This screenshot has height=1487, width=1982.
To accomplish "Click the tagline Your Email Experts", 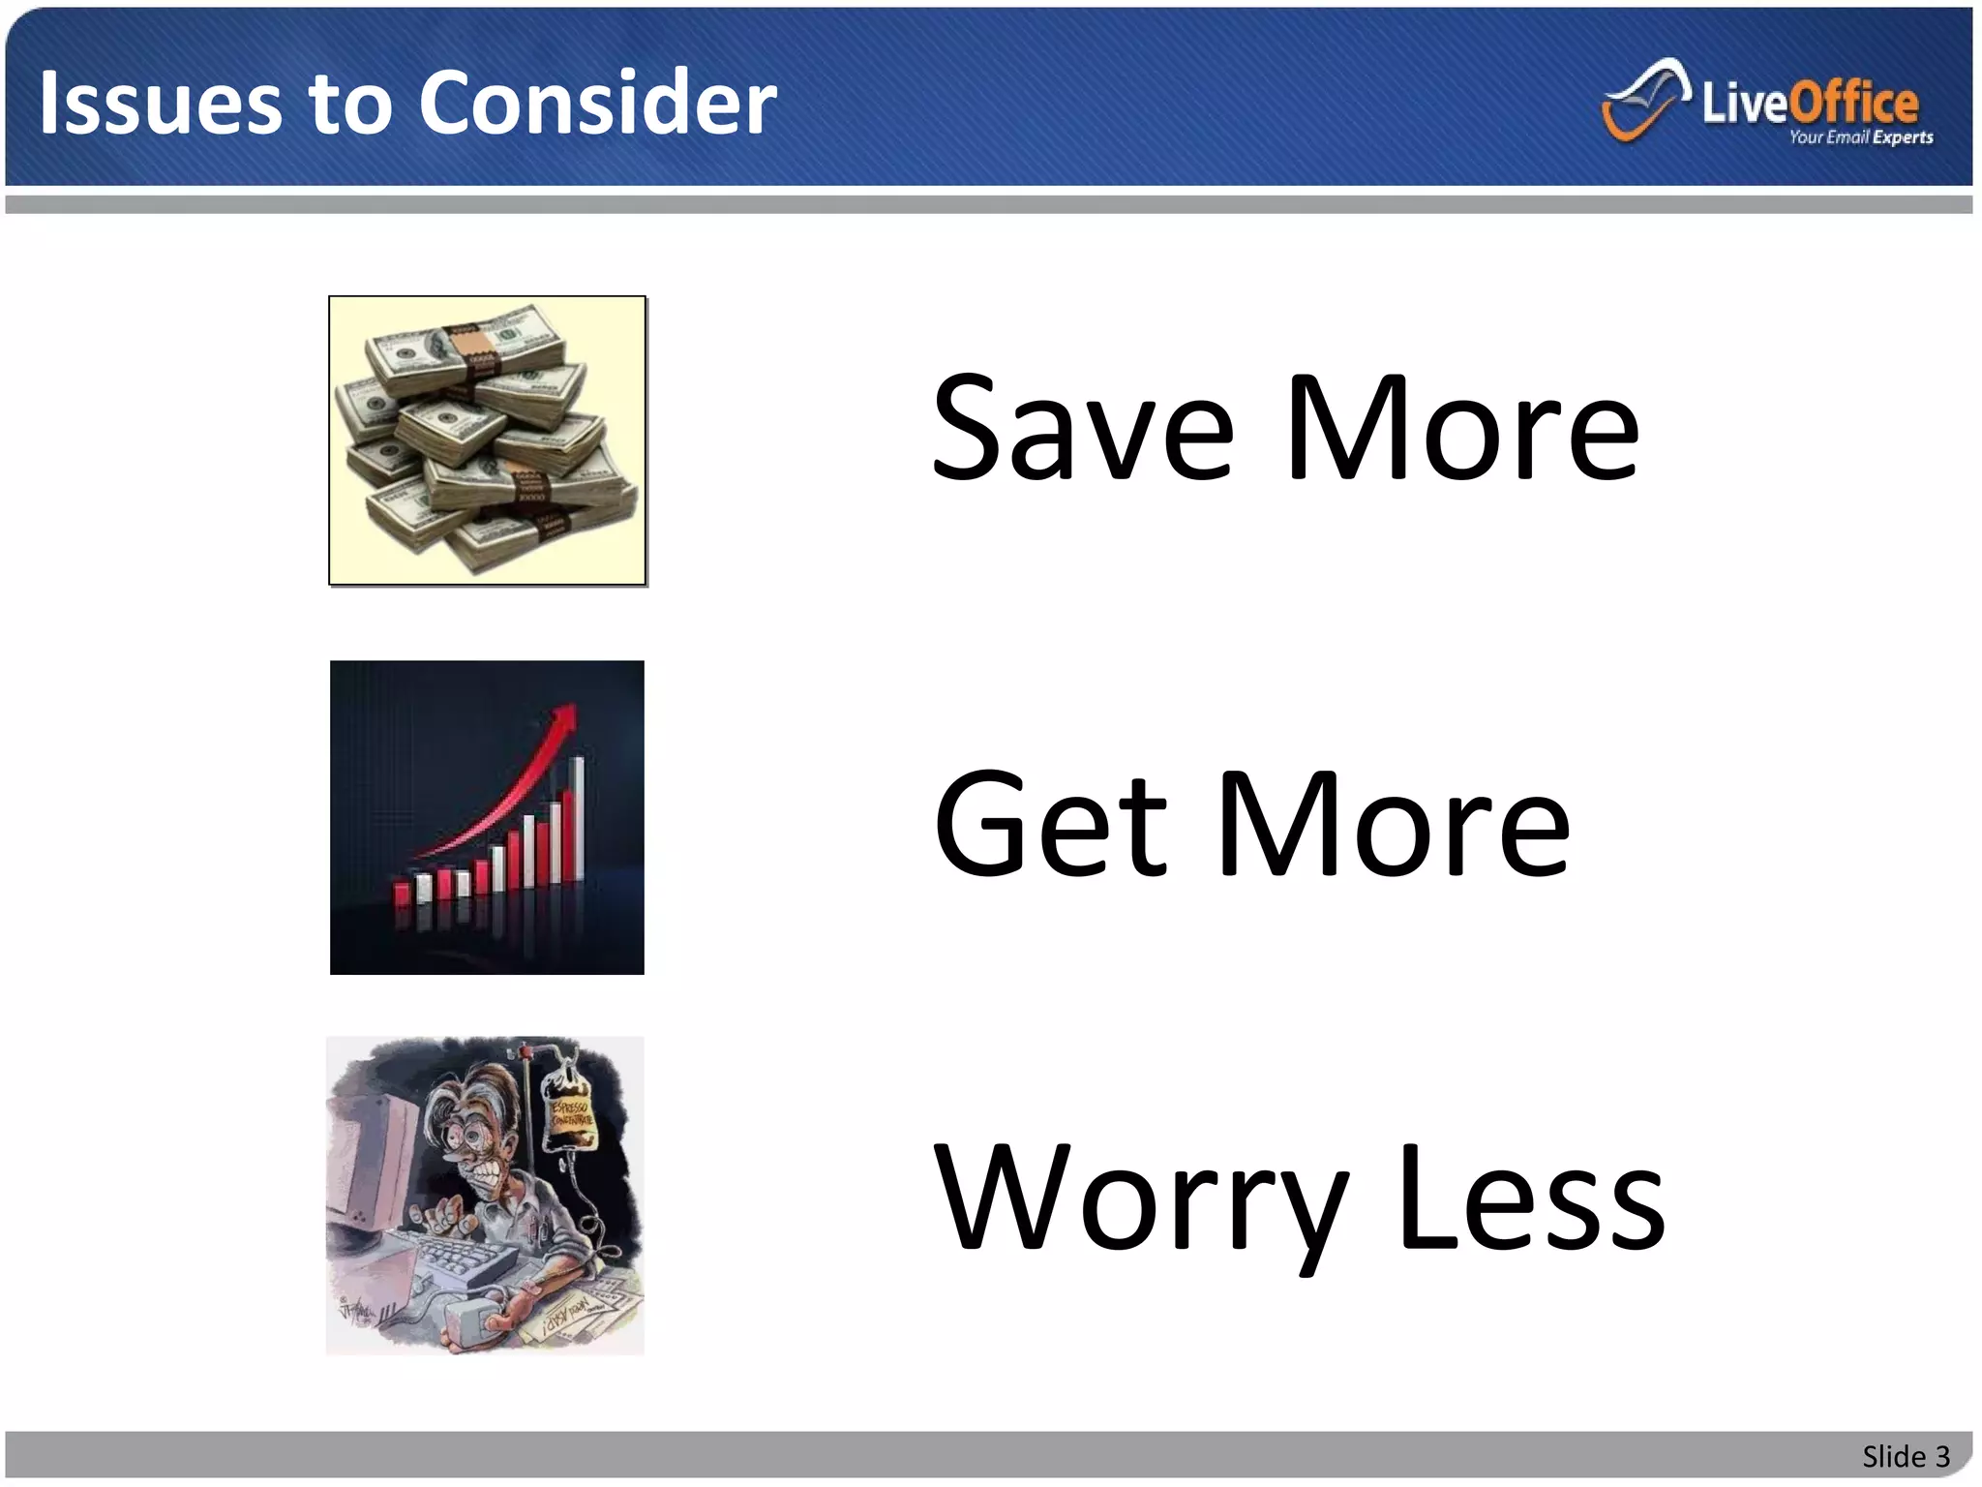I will [1860, 137].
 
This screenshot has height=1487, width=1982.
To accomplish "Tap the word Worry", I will [1142, 1200].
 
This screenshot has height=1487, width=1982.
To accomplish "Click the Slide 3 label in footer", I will [1905, 1456].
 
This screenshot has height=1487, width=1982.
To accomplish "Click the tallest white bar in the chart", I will [579, 818].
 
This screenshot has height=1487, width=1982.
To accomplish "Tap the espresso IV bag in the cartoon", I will [570, 1113].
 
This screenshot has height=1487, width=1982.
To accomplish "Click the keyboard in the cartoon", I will [465, 1259].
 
